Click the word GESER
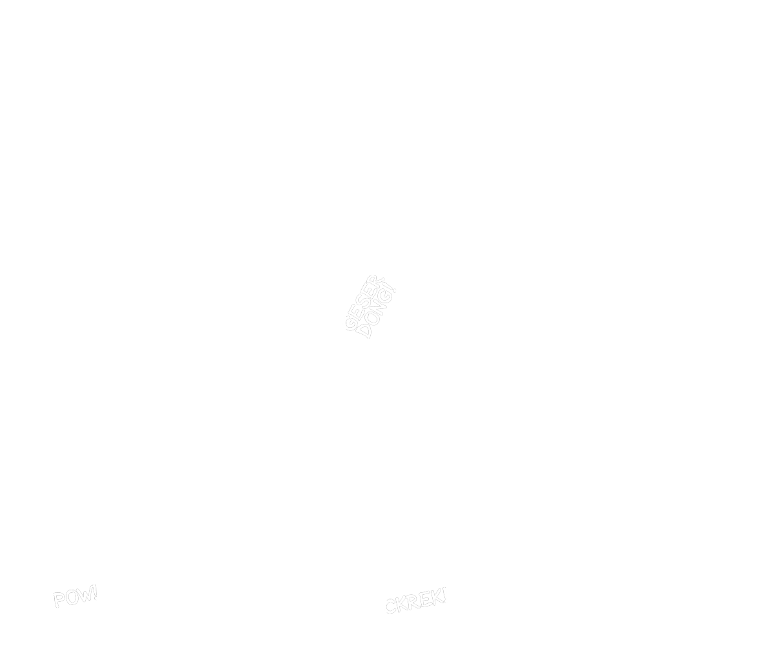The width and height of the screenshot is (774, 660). [x=362, y=301]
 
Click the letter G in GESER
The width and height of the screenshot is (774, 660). [x=350, y=321]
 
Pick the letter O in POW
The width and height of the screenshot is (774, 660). [x=70, y=597]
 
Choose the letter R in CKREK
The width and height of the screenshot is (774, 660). [x=412, y=603]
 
